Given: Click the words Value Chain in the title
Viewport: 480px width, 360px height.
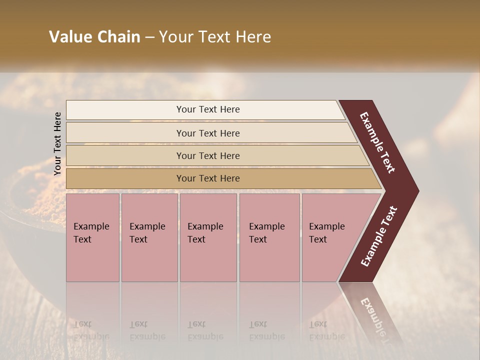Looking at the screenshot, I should (x=94, y=37).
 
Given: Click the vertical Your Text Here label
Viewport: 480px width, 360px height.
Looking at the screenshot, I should (x=57, y=143).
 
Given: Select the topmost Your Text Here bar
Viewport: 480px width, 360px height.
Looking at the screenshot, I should (x=207, y=109).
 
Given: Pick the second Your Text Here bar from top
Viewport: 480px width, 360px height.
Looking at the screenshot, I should (x=207, y=133).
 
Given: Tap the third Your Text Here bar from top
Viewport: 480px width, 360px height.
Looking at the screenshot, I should (x=207, y=155).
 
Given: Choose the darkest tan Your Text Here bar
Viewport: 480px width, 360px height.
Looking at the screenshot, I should (x=207, y=178).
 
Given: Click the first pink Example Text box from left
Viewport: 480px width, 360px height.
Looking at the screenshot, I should (x=92, y=237).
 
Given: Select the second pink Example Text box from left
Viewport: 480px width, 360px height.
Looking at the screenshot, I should (x=149, y=237).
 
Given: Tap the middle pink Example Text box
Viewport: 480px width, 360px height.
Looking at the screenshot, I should (x=208, y=237).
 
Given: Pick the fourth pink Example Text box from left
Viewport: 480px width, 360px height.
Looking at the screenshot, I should (x=269, y=237).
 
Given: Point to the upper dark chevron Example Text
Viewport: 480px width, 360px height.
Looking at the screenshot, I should (x=378, y=143).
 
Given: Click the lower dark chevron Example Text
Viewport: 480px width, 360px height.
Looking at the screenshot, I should (x=379, y=236).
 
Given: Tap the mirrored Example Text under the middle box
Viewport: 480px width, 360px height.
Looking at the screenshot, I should (x=205, y=330).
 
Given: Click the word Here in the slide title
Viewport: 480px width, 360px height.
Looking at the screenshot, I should (x=254, y=37).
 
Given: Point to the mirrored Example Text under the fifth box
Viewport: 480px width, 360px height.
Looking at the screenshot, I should (x=326, y=330).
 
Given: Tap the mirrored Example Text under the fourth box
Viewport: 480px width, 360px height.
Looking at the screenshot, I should (x=266, y=330).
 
